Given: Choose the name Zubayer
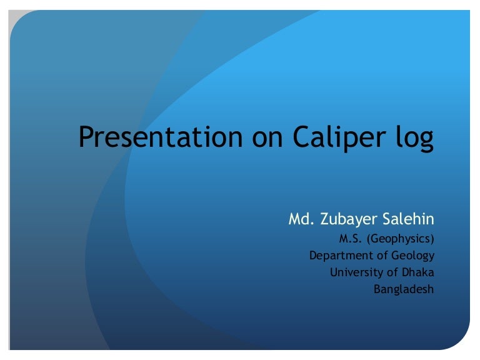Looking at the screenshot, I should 350,220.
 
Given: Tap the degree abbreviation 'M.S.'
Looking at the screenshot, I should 351,238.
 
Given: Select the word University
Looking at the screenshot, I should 354,272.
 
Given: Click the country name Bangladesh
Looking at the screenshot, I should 403,290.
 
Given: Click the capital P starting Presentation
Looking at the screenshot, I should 86,137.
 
